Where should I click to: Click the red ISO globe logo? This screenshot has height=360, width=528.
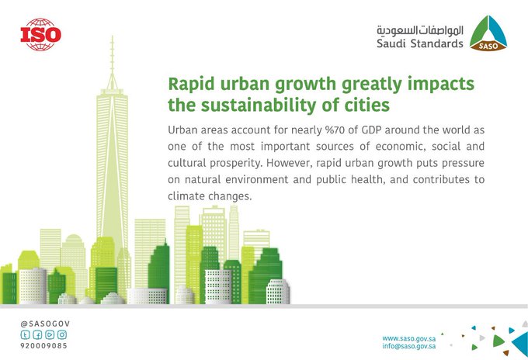(40, 35)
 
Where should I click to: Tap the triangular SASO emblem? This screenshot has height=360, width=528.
(488, 33)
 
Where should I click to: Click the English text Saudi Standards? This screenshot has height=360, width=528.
(420, 43)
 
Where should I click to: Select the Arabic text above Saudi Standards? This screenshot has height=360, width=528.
(420, 30)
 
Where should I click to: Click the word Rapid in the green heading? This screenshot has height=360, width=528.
(191, 84)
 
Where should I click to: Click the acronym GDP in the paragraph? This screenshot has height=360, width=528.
(371, 130)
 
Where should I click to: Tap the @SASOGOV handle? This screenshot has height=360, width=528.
(45, 324)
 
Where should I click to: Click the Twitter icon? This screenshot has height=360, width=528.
(26, 334)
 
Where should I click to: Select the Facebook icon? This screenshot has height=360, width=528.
(37, 334)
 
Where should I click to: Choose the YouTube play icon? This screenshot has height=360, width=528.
(50, 334)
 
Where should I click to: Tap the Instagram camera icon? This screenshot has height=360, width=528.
(62, 334)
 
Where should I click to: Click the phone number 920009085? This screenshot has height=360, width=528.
(43, 345)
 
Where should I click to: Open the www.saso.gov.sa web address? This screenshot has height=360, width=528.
(408, 338)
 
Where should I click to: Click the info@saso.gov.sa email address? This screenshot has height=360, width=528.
(408, 346)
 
